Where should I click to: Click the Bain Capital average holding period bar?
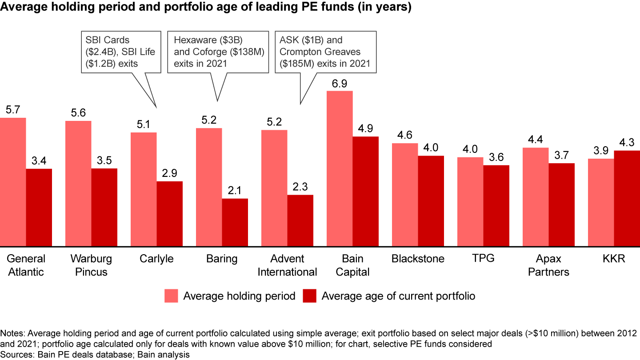340,168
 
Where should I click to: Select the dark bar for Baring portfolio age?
235,222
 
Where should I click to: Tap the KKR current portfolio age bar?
627,198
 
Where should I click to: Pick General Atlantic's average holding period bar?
13,182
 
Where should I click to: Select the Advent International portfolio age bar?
300,220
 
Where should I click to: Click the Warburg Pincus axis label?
91,265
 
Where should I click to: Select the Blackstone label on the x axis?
418,259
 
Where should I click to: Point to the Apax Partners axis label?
548,265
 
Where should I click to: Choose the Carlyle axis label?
156,259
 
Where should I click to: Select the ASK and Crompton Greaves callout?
325,52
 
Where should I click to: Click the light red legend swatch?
172,296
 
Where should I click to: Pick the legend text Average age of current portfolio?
398,296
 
